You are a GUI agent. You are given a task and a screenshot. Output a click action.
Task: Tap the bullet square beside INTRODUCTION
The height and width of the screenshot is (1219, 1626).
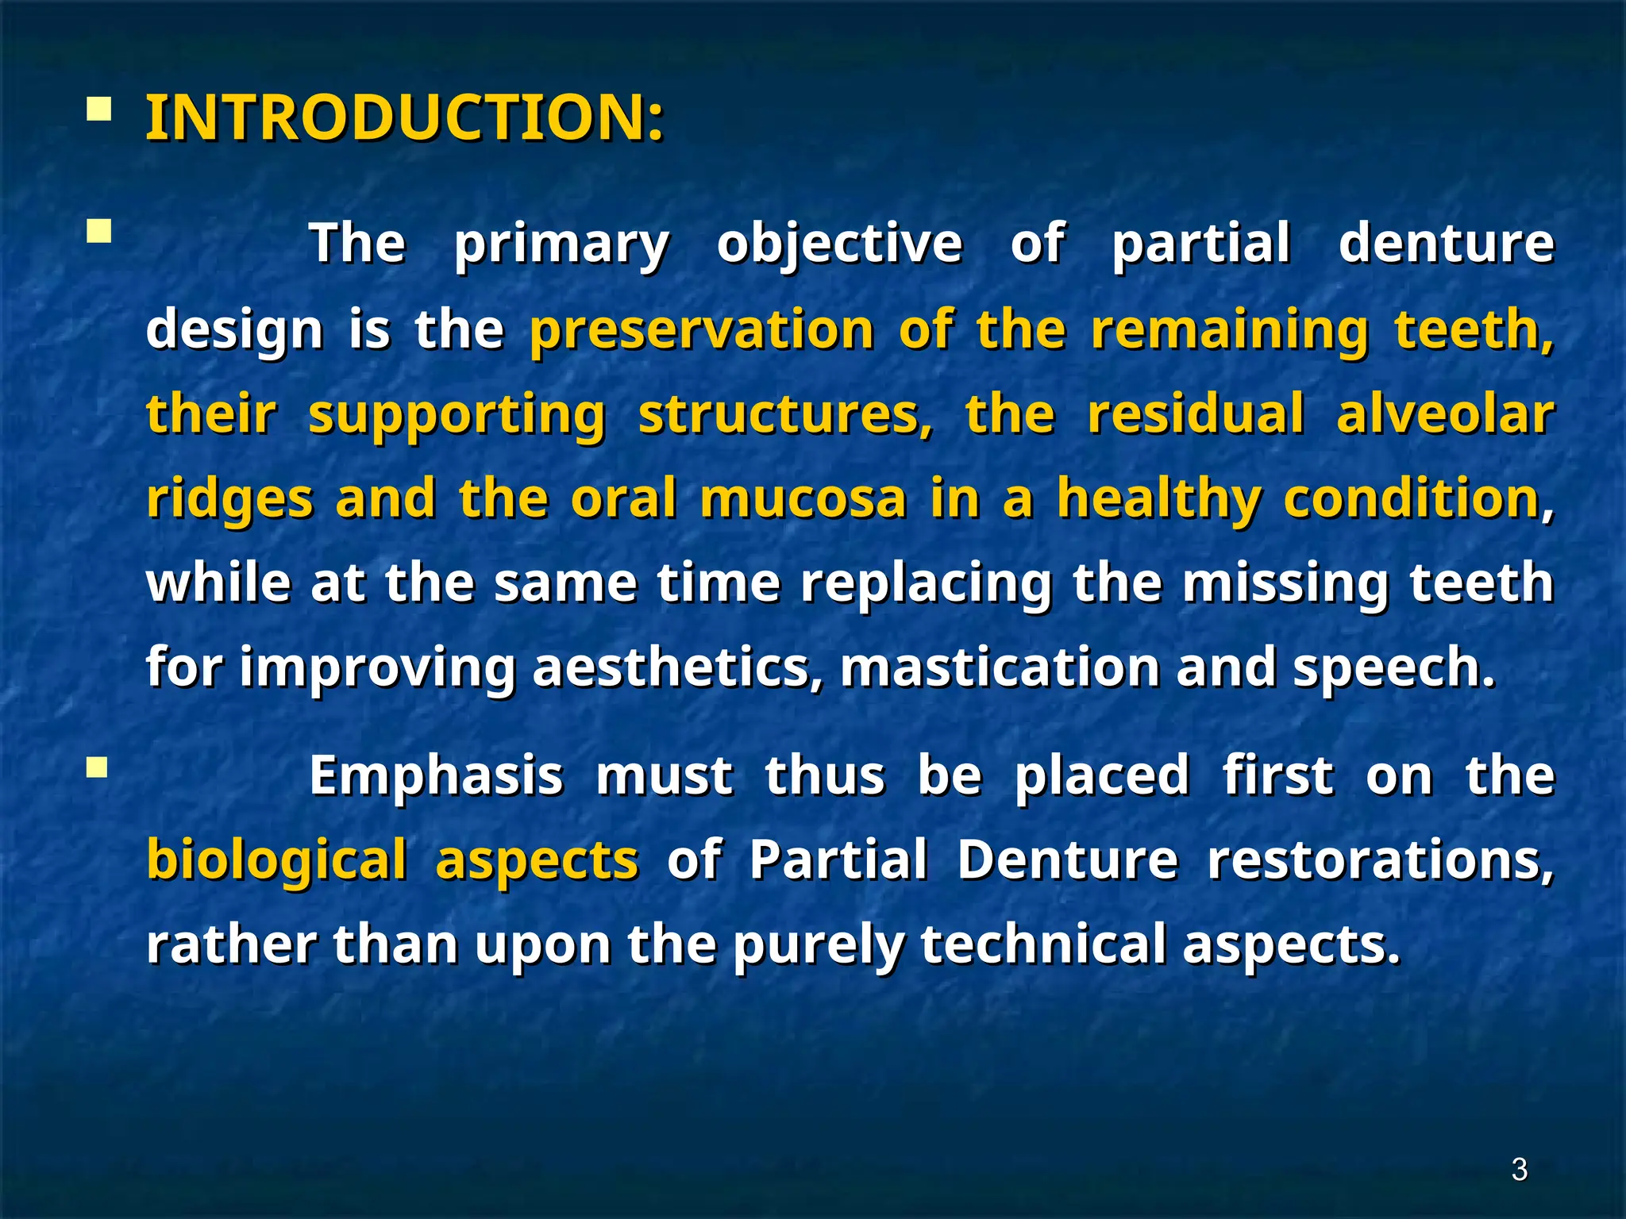point(98,109)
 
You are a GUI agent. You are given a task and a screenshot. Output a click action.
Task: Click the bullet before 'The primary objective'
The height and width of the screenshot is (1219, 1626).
point(98,233)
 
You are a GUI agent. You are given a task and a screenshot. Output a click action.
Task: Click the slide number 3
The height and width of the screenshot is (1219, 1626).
point(1519,1169)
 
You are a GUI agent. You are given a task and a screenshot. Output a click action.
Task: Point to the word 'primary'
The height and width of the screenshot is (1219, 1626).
point(562,244)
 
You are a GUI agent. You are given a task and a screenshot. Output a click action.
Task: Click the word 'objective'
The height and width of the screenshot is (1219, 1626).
point(839,244)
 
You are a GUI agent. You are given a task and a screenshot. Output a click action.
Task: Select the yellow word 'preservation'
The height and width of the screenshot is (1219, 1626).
point(702,329)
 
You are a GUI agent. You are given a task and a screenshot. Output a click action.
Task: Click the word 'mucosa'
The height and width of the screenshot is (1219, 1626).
point(803,498)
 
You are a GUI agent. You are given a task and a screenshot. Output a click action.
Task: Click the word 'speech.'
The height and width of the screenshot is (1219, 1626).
point(1394,669)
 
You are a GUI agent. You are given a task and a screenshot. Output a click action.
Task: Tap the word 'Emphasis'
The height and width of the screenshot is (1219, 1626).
point(436,775)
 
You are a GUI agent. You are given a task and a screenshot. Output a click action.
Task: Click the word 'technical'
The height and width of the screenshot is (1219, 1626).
point(1043,944)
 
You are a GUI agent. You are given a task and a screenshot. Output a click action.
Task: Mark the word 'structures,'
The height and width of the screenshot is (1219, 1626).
point(786,415)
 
